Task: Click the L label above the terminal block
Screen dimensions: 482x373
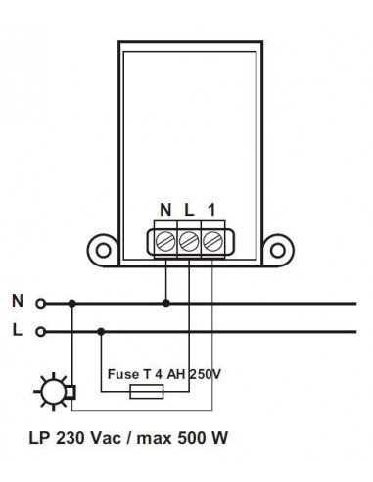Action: pyautogui.click(x=188, y=210)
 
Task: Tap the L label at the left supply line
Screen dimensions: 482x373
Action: pyautogui.click(x=18, y=331)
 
